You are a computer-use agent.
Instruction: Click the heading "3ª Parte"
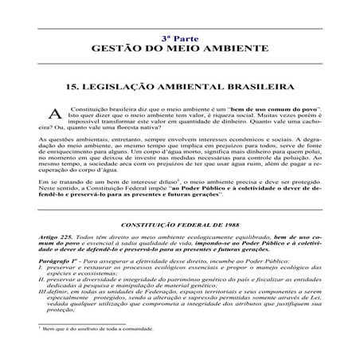pos(179,37)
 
